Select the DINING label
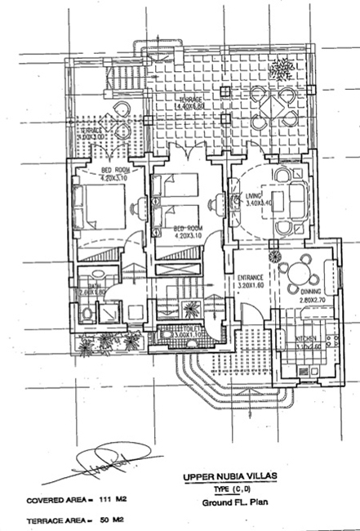(x=310, y=292)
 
